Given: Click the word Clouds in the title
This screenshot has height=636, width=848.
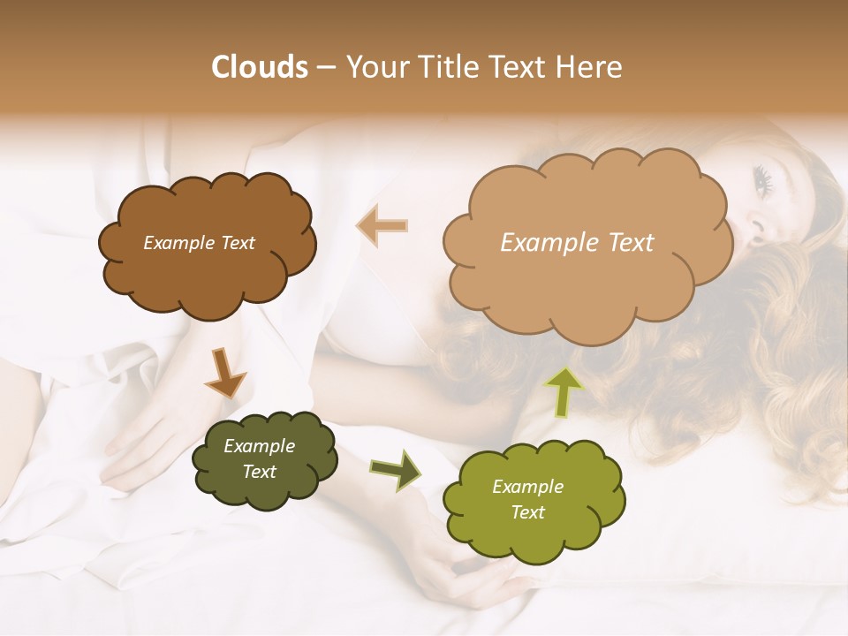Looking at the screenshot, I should point(260,67).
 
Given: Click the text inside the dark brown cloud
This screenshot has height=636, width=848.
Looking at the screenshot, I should point(199,243).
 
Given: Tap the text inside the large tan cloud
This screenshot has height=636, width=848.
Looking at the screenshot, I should point(577,243).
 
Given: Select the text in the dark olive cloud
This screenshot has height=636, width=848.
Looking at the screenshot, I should point(259,459).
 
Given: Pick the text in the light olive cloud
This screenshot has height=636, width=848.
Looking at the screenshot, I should point(527,499).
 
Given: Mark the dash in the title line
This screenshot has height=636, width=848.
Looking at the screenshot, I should point(325,68).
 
